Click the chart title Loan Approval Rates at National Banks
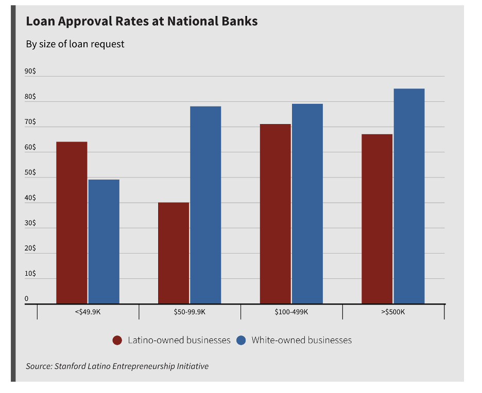coord(142,22)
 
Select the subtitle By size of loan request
coord(75,44)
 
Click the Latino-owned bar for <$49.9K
coord(72,223)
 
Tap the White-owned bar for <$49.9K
coord(104,242)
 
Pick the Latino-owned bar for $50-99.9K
coord(174,253)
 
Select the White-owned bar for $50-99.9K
coord(205,205)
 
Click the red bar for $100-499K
coord(276,214)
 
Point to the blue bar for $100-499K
coord(307,204)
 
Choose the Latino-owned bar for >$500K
coord(377,219)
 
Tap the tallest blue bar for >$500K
coord(409,196)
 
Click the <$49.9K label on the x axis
coord(88,312)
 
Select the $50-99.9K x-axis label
coord(190,312)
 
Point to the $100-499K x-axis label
coord(291,312)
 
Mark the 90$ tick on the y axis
coord(30,72)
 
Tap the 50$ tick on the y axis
coord(30,173)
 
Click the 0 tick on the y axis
coord(27,299)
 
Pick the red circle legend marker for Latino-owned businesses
coord(117,341)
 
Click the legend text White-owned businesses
coord(301,341)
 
